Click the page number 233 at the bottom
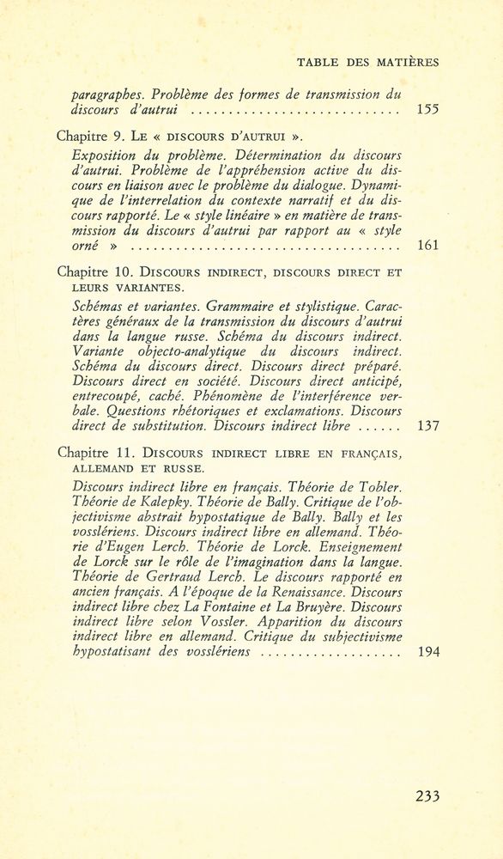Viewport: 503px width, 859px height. coord(427,795)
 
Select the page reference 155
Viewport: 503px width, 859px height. coord(427,110)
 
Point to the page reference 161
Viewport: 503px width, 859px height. coord(427,247)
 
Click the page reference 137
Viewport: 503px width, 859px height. coord(427,425)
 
